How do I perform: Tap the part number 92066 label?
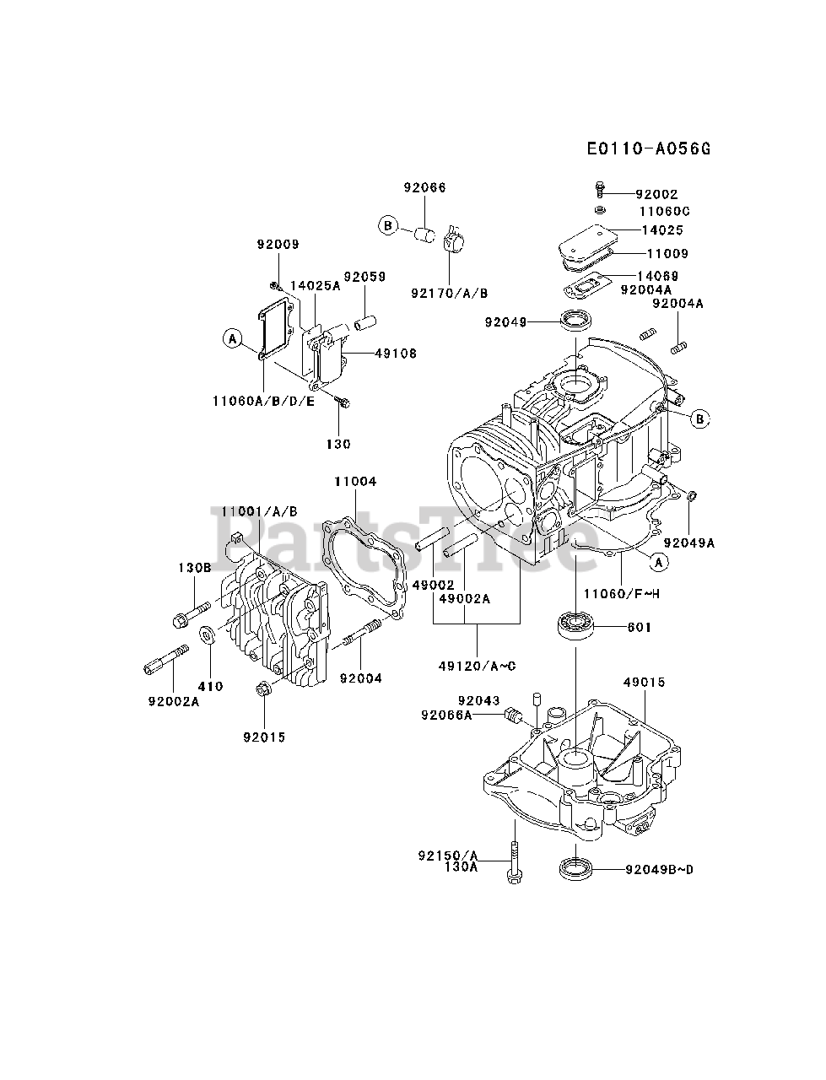coord(424,187)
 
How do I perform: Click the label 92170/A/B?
coord(450,292)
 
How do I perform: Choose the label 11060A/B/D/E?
coord(263,401)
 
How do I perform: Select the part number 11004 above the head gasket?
coord(355,481)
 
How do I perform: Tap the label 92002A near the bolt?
coord(172,700)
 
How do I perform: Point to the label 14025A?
coord(315,285)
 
